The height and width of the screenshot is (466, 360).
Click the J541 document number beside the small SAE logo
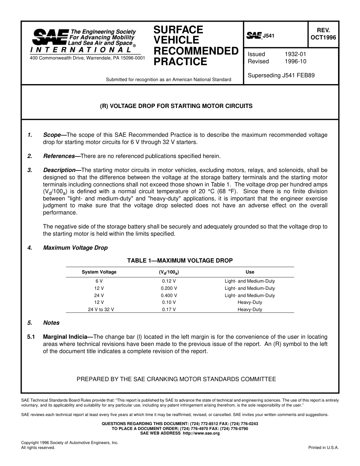(x=268, y=36)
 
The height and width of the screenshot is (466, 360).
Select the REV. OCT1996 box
(x=323, y=34)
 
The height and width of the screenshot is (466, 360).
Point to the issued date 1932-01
(x=295, y=54)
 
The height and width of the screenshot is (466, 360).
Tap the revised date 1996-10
(x=295, y=61)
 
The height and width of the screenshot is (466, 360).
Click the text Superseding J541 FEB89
(x=281, y=75)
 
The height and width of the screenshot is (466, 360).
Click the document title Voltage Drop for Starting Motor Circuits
(x=176, y=106)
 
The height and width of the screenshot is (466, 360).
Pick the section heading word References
(x=59, y=156)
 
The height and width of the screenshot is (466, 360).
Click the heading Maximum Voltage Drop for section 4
(x=75, y=248)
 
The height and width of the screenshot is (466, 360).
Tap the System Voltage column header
(x=99, y=272)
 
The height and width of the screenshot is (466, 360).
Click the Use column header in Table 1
(x=250, y=272)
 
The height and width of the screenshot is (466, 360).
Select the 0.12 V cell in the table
(x=169, y=281)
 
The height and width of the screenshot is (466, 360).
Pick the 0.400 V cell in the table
(x=169, y=296)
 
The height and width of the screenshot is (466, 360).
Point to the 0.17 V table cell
(x=169, y=310)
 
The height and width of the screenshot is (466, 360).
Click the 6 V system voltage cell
(x=99, y=281)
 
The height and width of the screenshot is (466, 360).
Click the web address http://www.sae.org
(x=201, y=433)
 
